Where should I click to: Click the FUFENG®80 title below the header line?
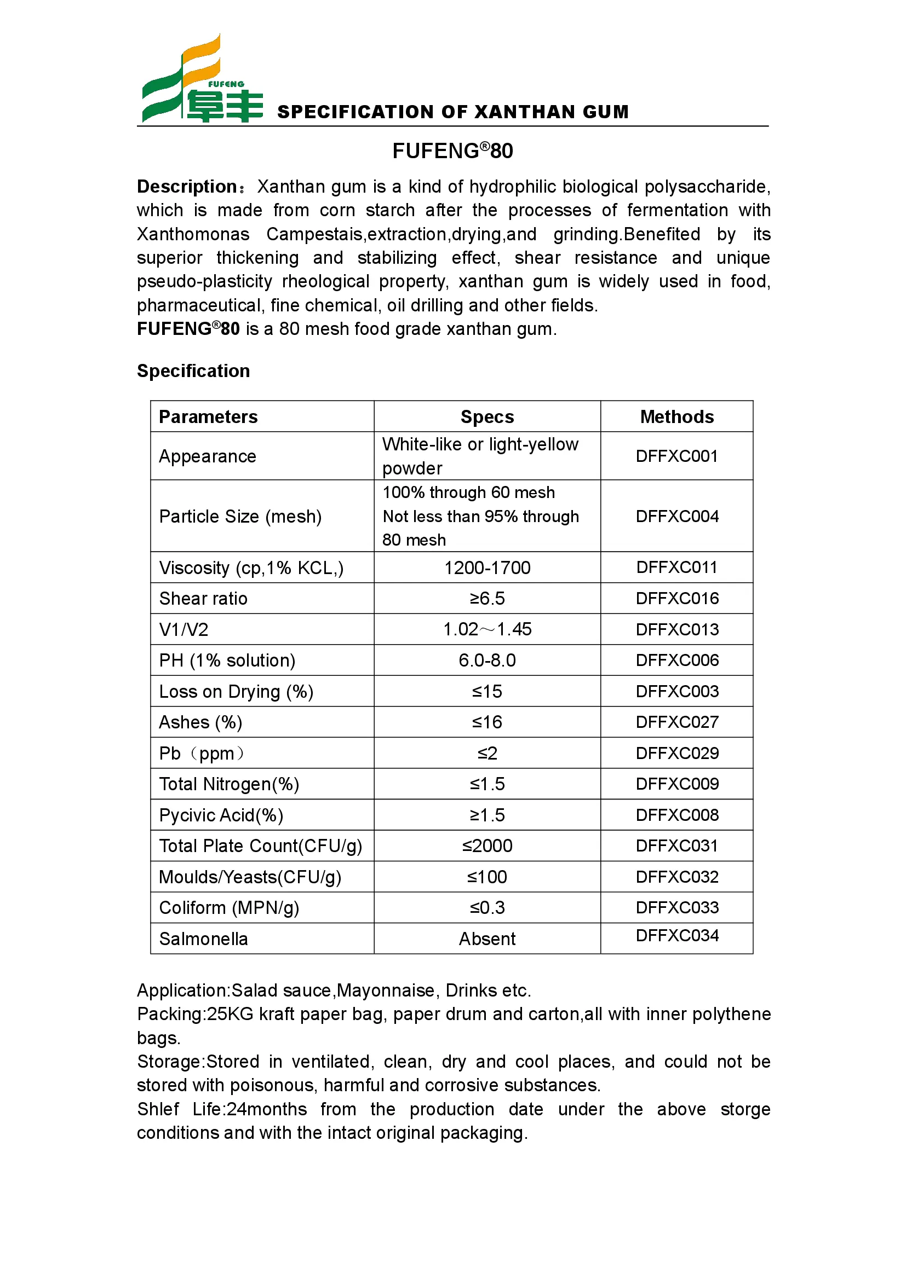point(452,151)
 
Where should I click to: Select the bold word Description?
point(187,187)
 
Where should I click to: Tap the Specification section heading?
point(193,371)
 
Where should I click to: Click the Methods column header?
point(676,417)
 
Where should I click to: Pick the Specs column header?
point(487,417)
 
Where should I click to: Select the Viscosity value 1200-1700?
point(487,568)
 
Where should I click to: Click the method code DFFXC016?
point(676,599)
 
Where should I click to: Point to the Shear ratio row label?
point(203,599)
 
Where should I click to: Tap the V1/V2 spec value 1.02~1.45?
point(487,629)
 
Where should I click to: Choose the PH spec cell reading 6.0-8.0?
point(487,661)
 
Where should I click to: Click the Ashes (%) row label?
point(200,722)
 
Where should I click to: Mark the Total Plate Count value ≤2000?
point(487,845)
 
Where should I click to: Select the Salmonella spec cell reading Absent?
point(487,939)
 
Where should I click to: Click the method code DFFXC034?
point(676,935)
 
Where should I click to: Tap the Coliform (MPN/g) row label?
point(229,907)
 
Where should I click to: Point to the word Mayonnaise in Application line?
point(386,991)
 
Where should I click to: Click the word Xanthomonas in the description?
point(193,234)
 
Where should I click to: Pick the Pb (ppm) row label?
point(202,753)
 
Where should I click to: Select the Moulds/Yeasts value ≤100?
point(487,877)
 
